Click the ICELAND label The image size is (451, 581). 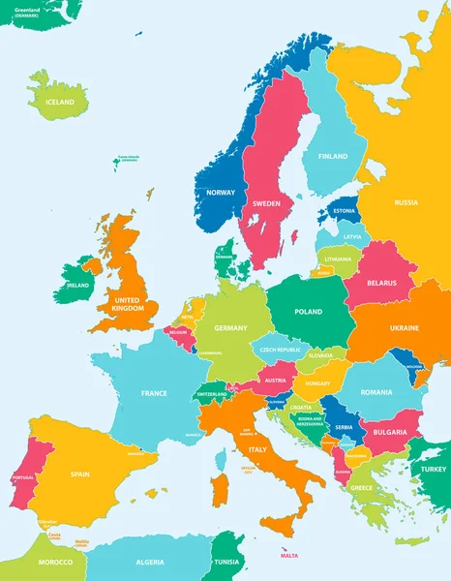tap(60, 102)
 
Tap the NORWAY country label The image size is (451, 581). tap(221, 192)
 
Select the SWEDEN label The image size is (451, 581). tap(266, 204)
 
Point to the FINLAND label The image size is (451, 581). tap(333, 156)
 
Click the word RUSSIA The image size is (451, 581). tap(406, 202)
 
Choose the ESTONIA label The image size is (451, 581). tap(344, 210)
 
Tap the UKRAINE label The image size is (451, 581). tap(405, 328)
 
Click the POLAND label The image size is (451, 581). tap(308, 312)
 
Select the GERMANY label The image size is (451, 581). tap(231, 328)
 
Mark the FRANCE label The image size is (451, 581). tap(154, 393)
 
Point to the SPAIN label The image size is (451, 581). tap(80, 474)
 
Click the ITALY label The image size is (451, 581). tap(258, 450)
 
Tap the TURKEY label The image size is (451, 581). tap(432, 469)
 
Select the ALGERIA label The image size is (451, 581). tap(150, 563)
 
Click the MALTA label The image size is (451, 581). tap(289, 555)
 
